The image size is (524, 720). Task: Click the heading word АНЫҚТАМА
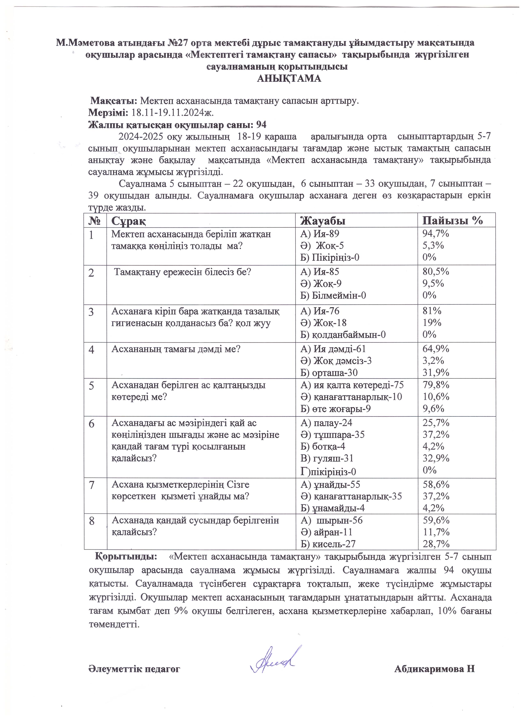coord(289,78)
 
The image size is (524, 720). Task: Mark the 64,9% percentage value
coord(435,349)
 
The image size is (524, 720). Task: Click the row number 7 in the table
coord(92,485)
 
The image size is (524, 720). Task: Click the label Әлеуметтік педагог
coord(134,669)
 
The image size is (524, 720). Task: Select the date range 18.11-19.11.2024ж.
coord(173,113)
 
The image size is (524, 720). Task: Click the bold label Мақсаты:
coord(114,101)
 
